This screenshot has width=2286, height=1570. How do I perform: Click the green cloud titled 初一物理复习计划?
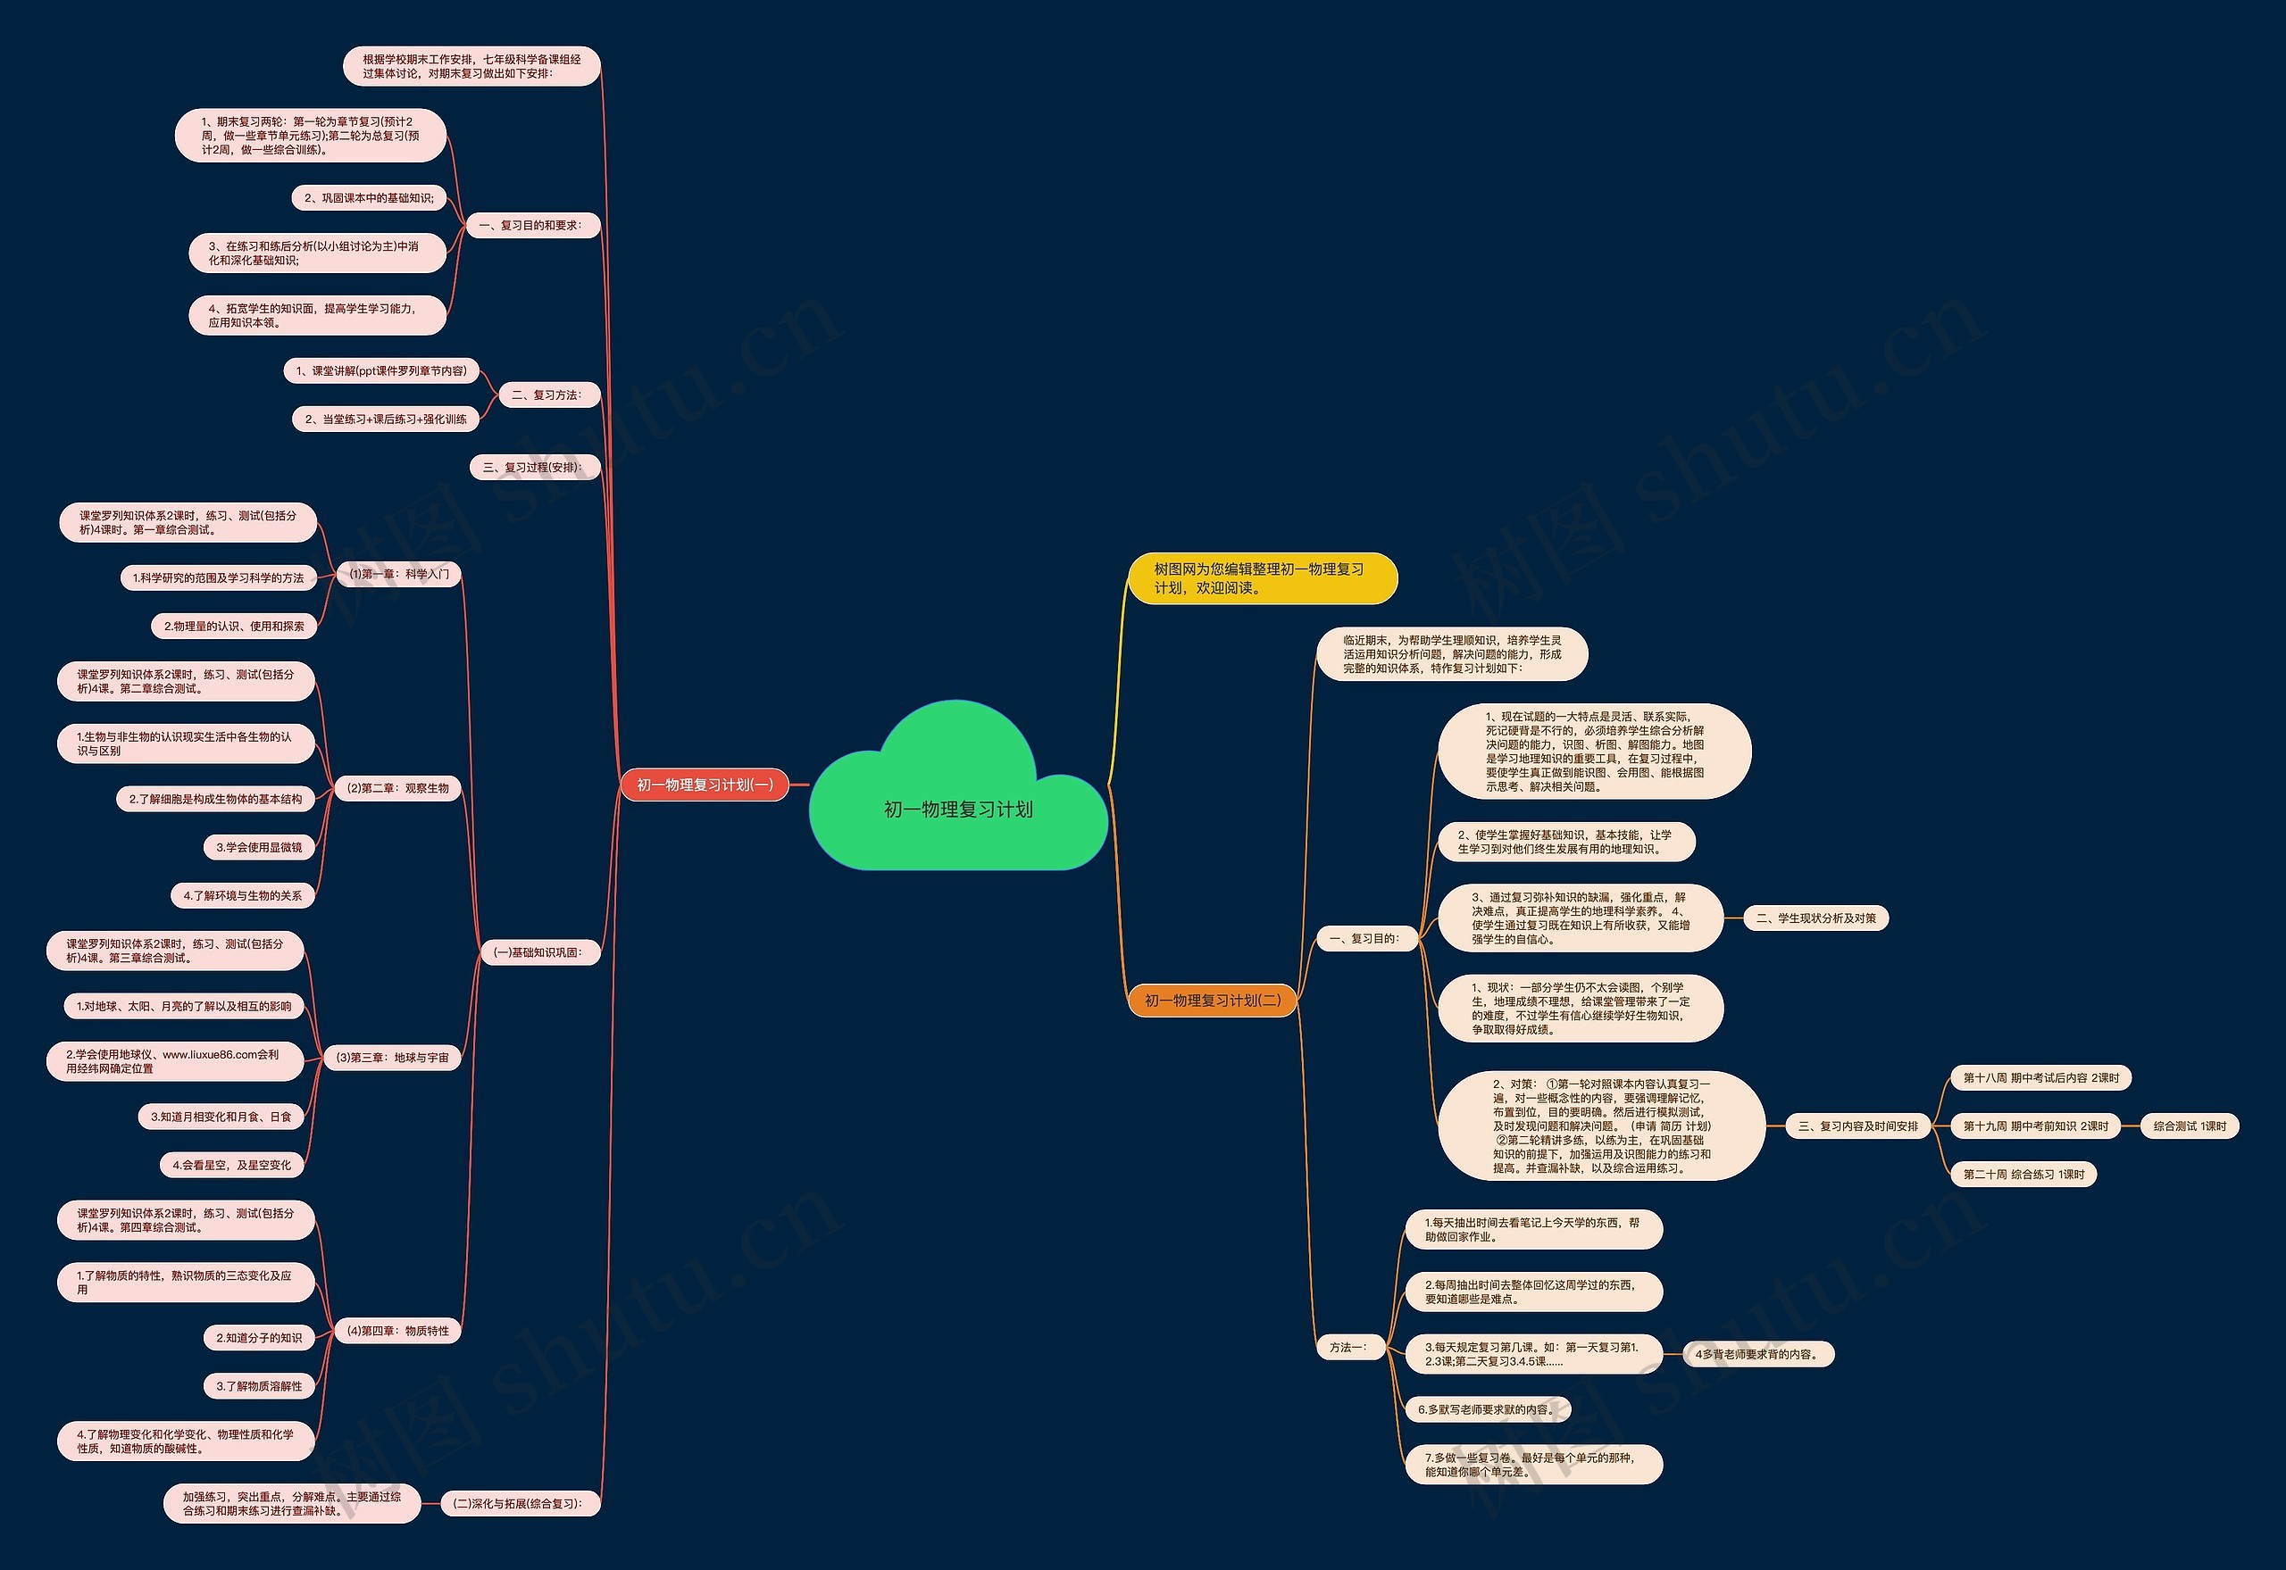pos(957,787)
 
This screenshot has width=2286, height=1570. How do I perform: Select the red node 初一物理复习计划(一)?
pos(705,785)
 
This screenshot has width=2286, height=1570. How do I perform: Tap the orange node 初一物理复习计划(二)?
pos(1213,1001)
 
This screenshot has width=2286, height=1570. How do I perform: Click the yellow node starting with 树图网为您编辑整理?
pos(1263,578)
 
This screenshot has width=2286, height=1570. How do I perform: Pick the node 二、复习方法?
pos(546,395)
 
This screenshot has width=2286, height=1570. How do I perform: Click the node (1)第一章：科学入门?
pos(398,574)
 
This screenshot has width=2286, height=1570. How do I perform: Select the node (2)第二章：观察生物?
pos(398,788)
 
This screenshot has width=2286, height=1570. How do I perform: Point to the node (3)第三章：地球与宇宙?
pos(393,1058)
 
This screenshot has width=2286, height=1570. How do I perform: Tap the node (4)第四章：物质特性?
pos(398,1331)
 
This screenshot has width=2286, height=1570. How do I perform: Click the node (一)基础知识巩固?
pos(539,952)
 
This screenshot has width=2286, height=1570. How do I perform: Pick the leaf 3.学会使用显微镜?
pos(259,847)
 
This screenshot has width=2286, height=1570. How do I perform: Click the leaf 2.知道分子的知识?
pos(259,1338)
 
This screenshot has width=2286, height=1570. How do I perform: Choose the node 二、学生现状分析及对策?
pos(1816,918)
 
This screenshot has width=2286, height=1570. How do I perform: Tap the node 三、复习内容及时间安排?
pos(1859,1126)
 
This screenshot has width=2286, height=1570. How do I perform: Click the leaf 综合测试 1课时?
pos(2190,1126)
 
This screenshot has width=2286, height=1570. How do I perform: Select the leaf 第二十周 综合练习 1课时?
pos(2024,1175)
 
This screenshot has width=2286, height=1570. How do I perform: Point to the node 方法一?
pos(1349,1348)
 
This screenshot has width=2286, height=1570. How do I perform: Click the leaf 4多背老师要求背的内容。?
pos(1758,1355)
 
